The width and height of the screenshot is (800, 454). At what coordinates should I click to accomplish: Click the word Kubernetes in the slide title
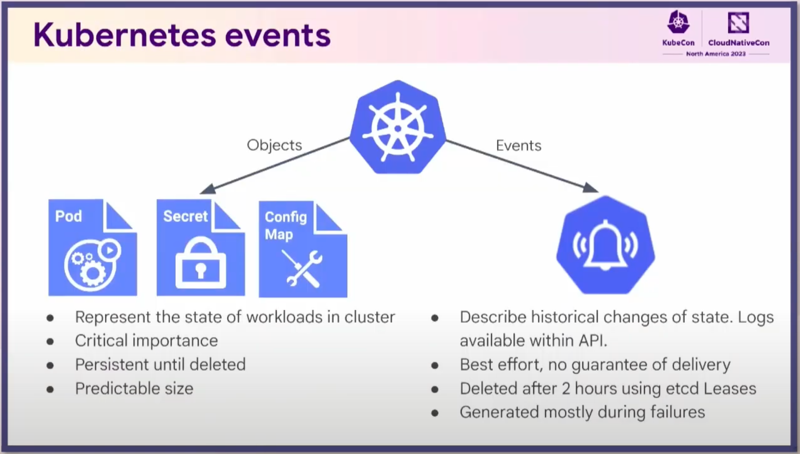124,35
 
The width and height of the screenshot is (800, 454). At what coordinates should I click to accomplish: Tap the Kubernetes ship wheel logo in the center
398,127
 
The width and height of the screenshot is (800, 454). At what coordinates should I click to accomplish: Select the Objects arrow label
274,145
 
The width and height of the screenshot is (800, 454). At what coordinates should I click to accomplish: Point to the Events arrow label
518,145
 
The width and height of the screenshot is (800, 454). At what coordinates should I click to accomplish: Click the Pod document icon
92,247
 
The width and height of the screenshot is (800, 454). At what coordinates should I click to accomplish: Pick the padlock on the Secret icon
200,263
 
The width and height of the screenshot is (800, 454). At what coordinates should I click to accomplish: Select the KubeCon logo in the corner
678,28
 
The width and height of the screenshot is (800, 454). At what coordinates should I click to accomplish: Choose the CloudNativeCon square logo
738,22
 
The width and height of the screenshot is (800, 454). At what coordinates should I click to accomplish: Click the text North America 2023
716,54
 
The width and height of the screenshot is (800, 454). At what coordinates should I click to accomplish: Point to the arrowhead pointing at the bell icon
591,188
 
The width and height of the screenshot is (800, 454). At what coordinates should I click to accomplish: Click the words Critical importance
146,341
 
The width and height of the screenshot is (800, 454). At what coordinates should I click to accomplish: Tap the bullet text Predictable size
134,389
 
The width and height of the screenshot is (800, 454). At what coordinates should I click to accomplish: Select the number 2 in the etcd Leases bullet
566,389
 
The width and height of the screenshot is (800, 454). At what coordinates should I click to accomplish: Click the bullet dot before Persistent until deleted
50,366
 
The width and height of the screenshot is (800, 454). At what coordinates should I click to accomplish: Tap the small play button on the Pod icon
110,250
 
